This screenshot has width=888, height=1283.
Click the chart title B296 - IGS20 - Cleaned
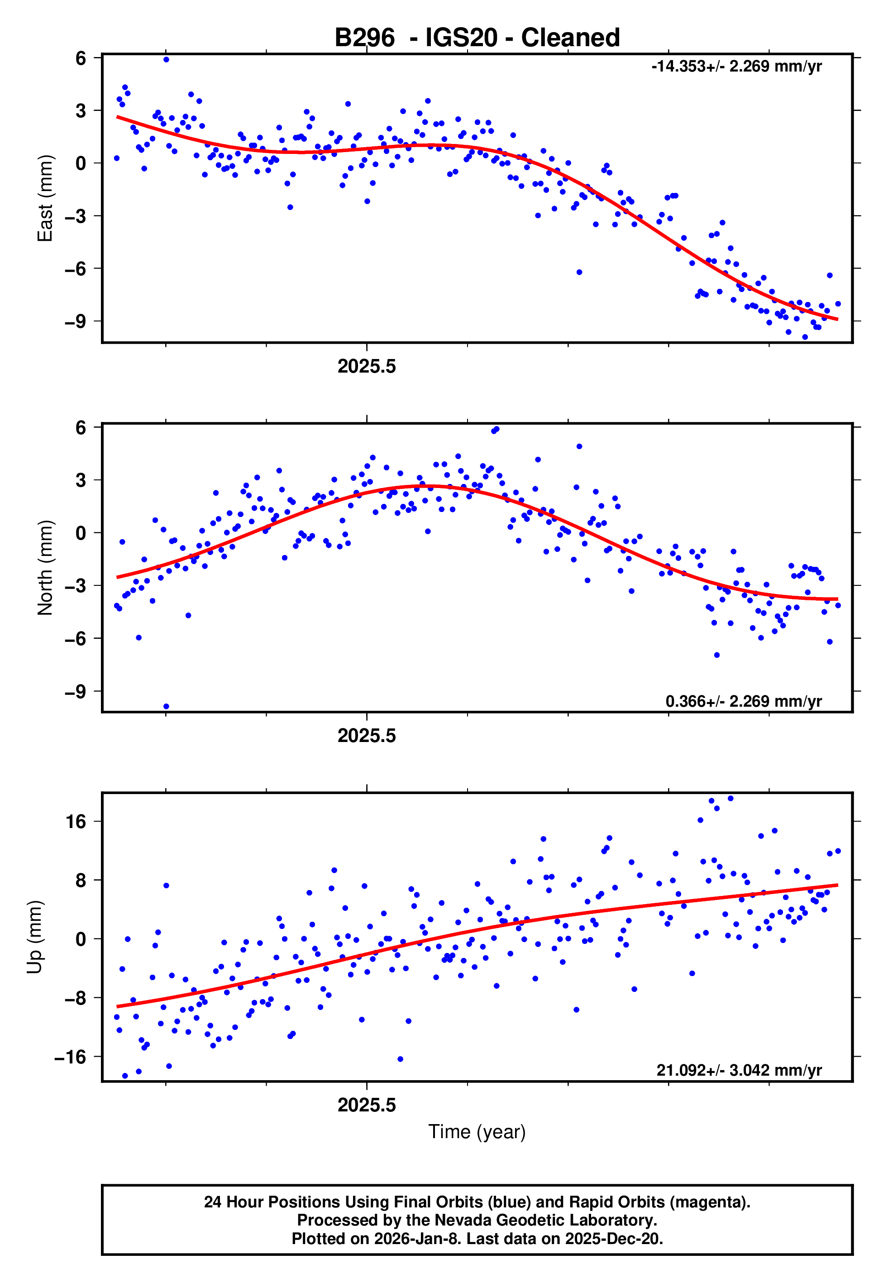coord(477,38)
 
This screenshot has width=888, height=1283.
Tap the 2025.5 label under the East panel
coord(367,367)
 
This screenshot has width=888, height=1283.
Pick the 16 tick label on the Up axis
coord(76,822)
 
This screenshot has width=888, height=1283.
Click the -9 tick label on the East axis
coord(75,321)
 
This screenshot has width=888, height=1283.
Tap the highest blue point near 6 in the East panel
coord(167,59)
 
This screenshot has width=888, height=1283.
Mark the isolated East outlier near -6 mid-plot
coord(579,272)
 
